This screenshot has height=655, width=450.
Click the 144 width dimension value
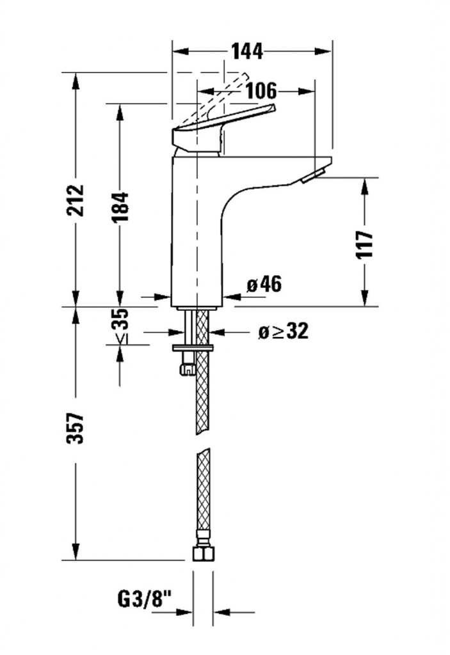[x=248, y=51]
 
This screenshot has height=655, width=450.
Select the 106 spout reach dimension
[x=261, y=91]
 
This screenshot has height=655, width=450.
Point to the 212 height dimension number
[x=76, y=200]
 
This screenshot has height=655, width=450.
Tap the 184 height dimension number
[x=120, y=208]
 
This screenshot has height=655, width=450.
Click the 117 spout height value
[x=364, y=244]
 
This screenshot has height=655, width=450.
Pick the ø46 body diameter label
[x=264, y=285]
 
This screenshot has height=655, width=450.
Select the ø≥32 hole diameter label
[x=283, y=332]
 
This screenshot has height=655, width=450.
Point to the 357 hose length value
[x=76, y=428]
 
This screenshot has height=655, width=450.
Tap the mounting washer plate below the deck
[x=193, y=347]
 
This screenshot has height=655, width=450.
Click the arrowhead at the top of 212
[x=76, y=81]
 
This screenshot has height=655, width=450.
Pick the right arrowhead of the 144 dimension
[x=324, y=51]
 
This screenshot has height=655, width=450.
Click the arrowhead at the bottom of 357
[x=76, y=552]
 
